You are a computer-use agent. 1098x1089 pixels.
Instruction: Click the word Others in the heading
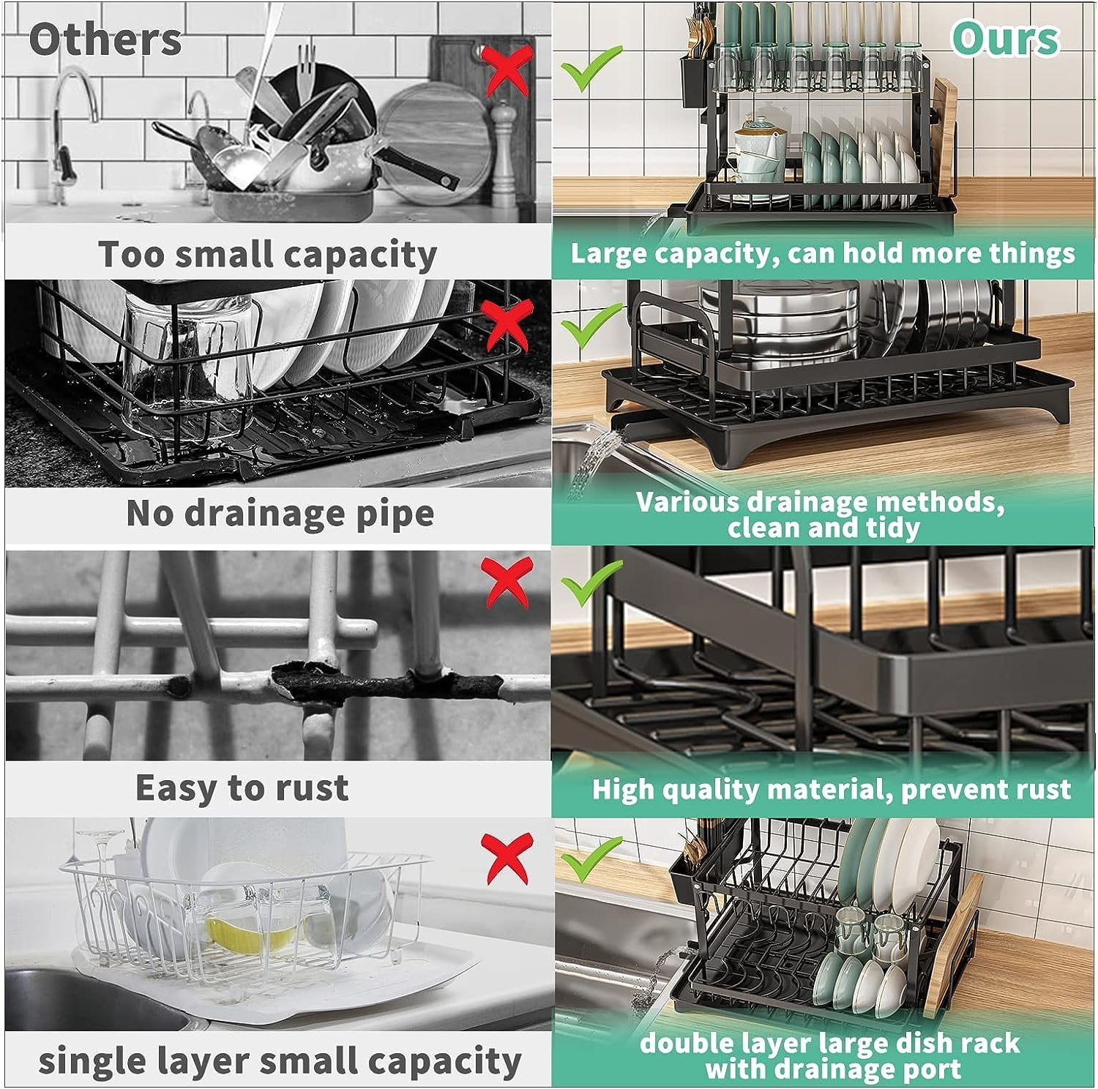[105, 40]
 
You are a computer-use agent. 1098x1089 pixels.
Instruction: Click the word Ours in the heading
[1005, 38]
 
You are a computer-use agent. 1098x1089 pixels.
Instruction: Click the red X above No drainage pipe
[507, 323]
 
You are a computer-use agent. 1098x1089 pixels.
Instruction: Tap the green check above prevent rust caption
[592, 583]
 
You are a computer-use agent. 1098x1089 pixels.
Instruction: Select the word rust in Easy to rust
[316, 788]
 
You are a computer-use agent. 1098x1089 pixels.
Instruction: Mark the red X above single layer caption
[506, 856]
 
